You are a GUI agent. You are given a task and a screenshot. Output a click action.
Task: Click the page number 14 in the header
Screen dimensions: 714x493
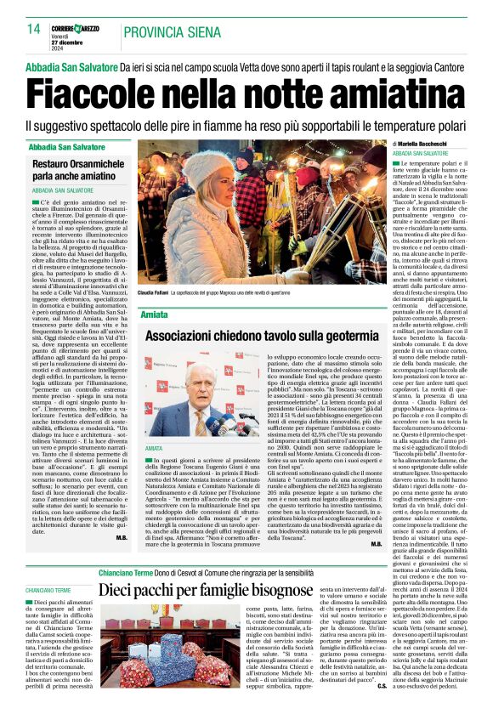pyautogui.click(x=33, y=30)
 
